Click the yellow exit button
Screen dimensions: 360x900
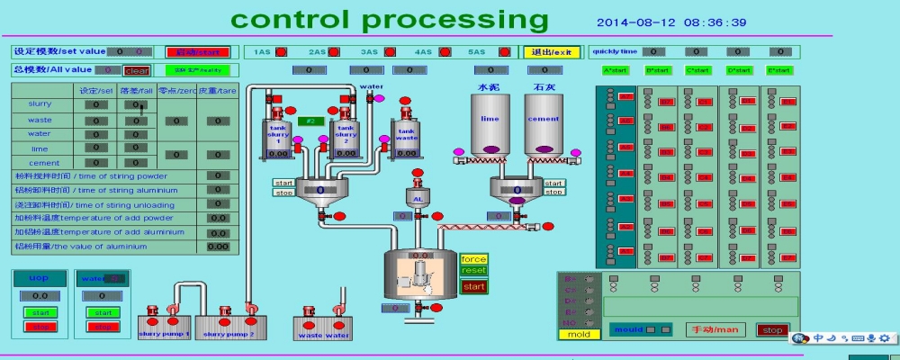coord(553,52)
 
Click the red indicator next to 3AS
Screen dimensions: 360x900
coord(388,52)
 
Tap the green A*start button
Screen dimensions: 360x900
coord(616,70)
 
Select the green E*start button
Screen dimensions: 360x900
coord(779,70)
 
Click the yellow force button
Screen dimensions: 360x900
coord(473,260)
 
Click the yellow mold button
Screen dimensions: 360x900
coord(579,335)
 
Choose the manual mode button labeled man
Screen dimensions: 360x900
coord(715,329)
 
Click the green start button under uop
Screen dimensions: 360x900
coord(40,312)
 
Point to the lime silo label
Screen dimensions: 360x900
coord(490,118)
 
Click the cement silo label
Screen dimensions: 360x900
coord(544,118)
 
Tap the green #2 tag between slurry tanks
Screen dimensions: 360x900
coord(310,121)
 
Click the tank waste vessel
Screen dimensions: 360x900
coord(407,138)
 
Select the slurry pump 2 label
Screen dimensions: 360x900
coord(228,334)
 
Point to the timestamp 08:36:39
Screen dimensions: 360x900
coord(715,22)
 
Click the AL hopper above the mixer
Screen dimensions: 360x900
coord(418,198)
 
